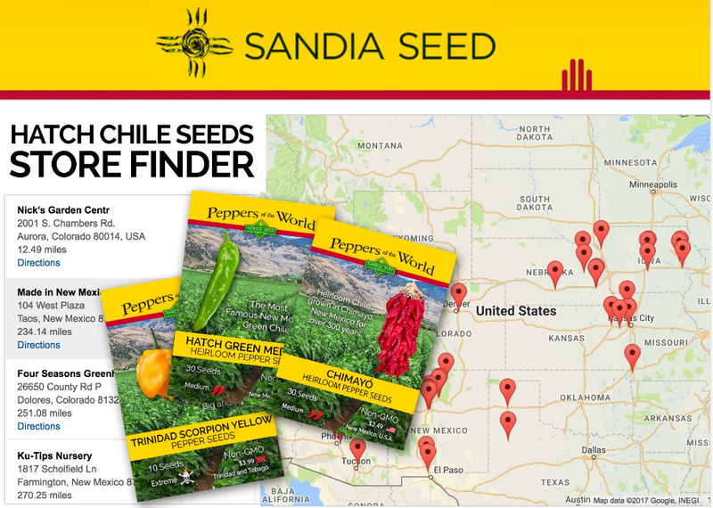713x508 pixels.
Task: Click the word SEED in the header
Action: click(x=442, y=45)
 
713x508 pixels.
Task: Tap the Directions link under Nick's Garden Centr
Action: click(x=38, y=263)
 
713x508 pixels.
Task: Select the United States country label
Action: click(x=516, y=311)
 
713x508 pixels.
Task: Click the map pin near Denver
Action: click(x=458, y=292)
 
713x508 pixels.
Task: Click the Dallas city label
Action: click(x=593, y=450)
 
